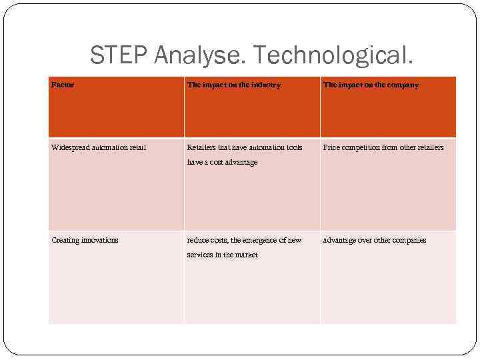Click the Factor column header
(63, 85)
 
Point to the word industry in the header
(265, 85)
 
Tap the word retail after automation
(137, 147)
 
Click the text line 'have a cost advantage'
(222, 162)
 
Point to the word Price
(332, 147)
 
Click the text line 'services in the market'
(222, 255)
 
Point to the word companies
(409, 240)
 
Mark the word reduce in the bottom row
(197, 240)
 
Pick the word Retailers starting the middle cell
(202, 147)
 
